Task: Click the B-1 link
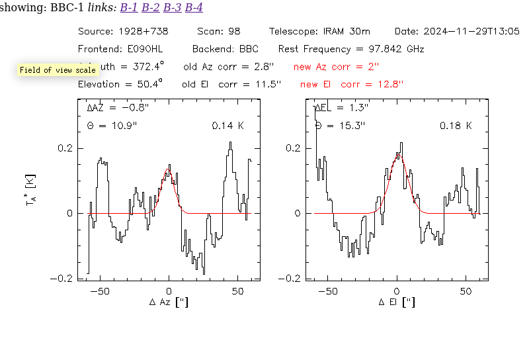(x=128, y=8)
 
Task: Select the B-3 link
(x=172, y=8)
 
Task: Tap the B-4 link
(x=194, y=8)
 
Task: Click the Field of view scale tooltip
(x=58, y=70)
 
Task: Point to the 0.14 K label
(x=227, y=126)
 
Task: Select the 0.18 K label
(x=456, y=126)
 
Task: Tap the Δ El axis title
(x=397, y=302)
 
